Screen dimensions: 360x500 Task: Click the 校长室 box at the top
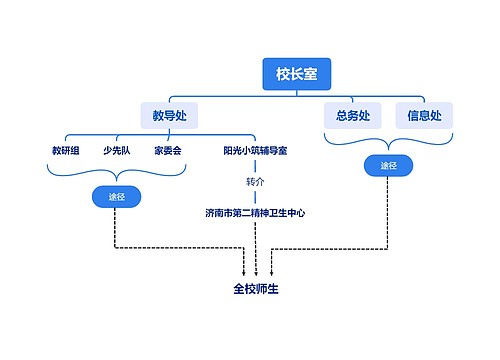297,72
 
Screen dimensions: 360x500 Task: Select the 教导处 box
169,116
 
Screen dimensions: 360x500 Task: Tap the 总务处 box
353,116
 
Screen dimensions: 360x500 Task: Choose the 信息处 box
424,116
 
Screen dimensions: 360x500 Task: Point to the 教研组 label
66,151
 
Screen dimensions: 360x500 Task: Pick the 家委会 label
167,151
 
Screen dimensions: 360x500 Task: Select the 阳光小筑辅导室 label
255,151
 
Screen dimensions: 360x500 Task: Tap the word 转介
255,182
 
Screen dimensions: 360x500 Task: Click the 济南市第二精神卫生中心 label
255,213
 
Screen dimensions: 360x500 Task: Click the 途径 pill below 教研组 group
117,196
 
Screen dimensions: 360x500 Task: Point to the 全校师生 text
256,290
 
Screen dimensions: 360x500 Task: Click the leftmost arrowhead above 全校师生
244,272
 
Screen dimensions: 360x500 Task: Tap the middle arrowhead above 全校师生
256,272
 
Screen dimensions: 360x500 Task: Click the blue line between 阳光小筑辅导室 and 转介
255,166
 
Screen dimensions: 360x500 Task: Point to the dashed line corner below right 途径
388,247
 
